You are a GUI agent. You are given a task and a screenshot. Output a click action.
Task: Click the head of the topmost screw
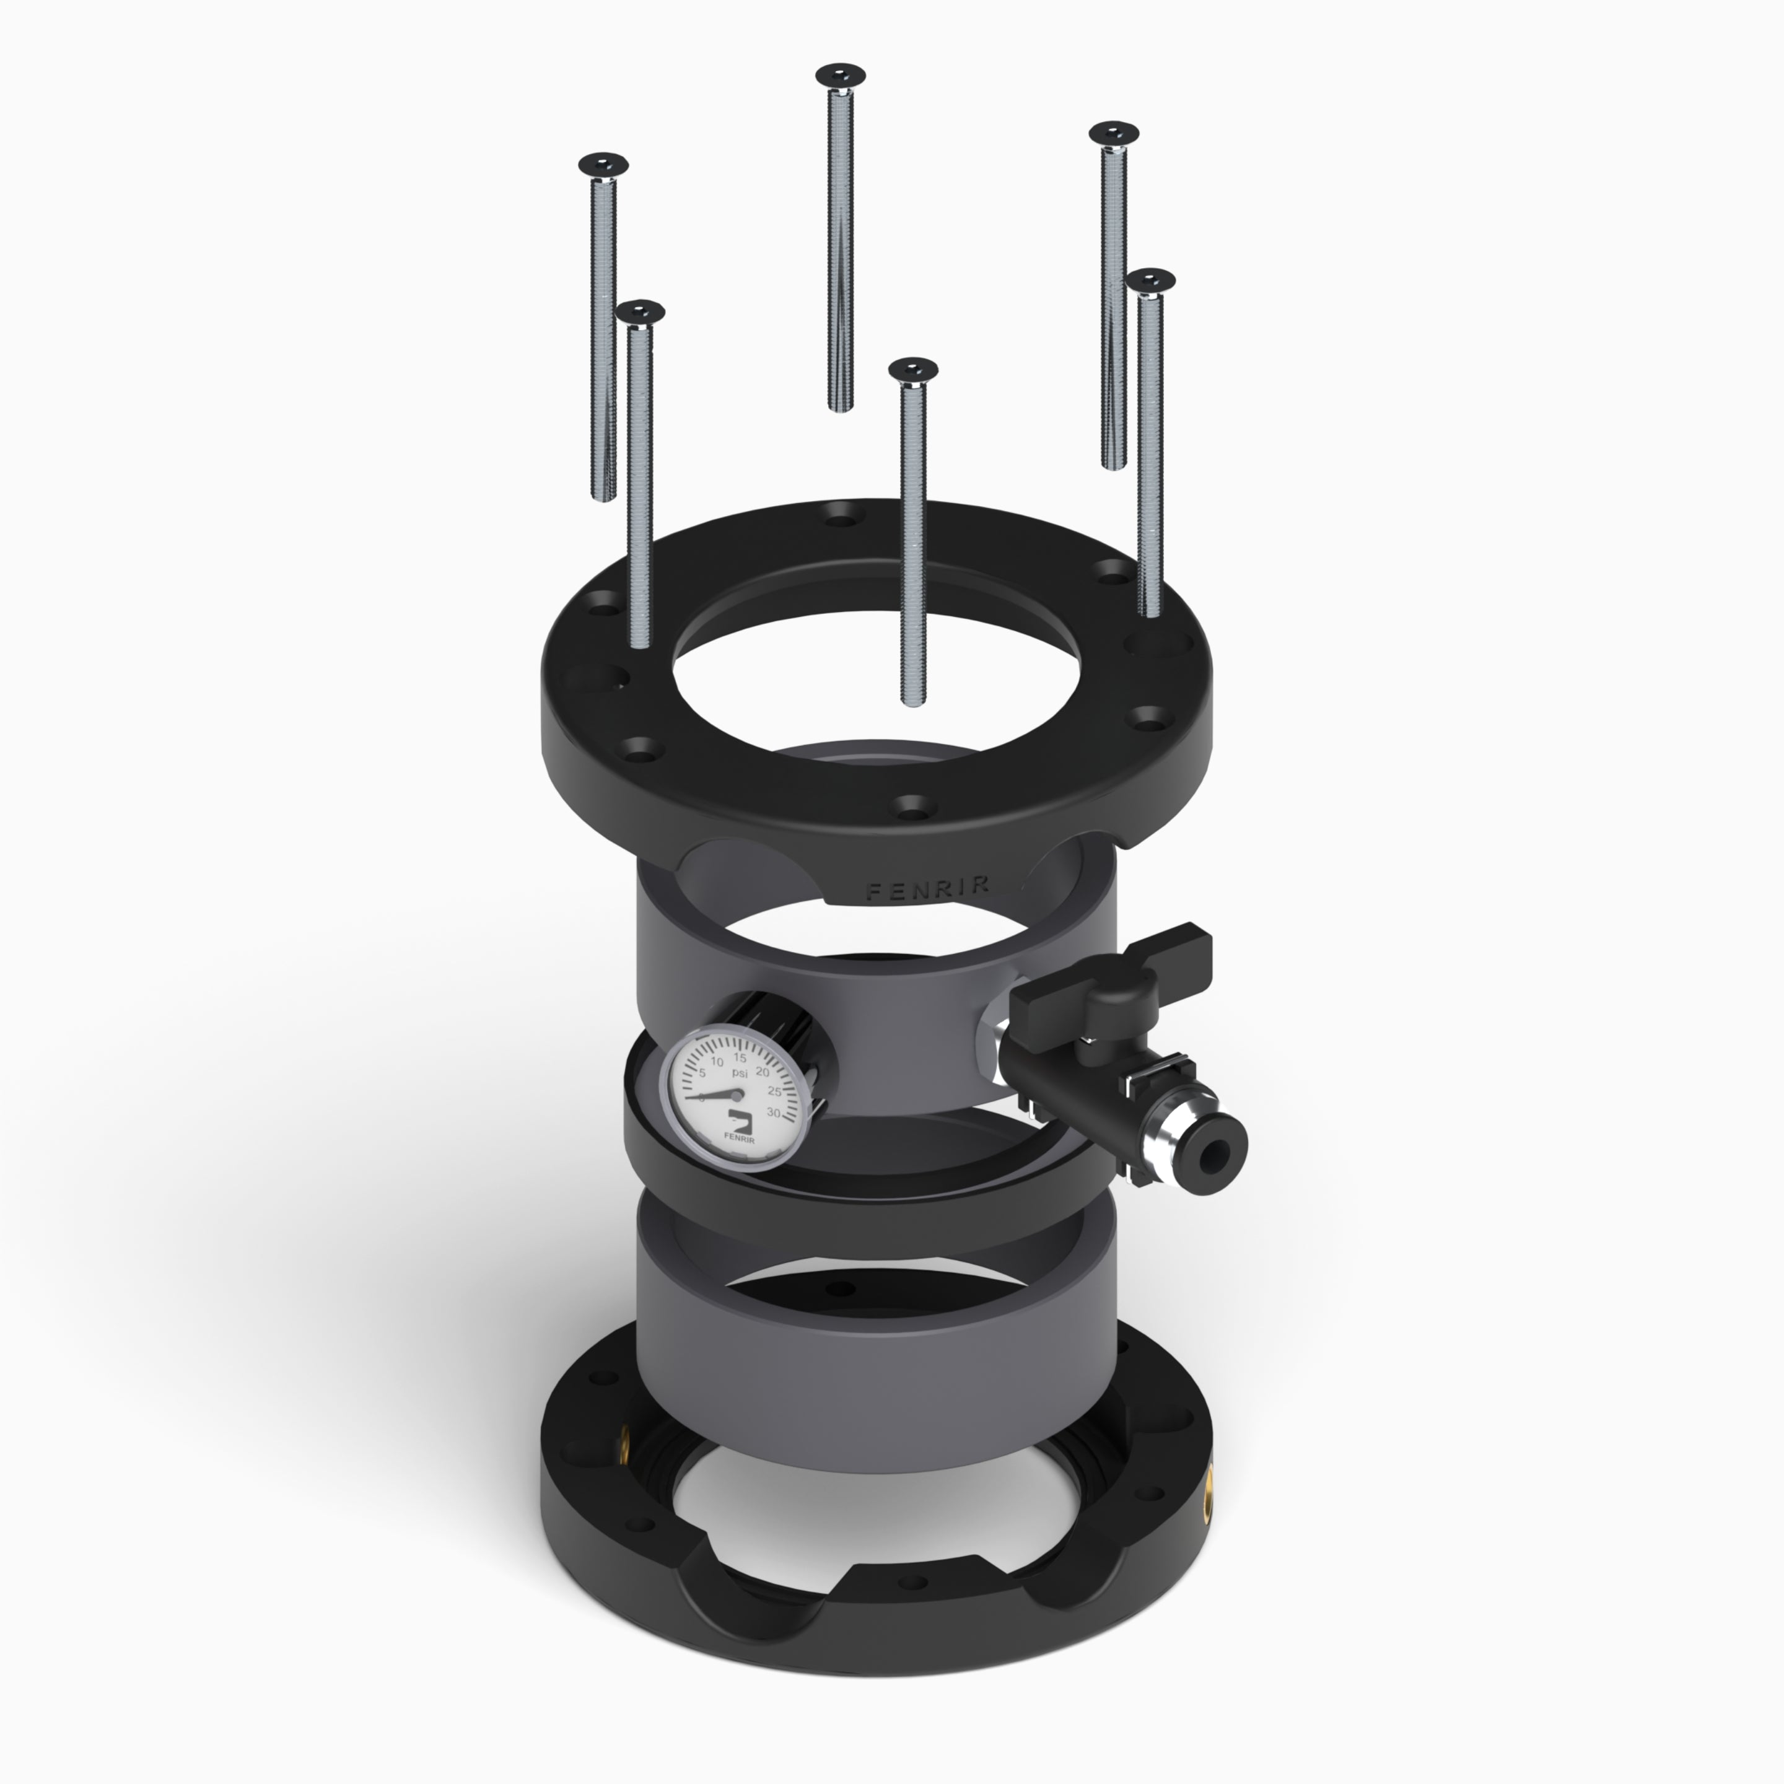click(841, 74)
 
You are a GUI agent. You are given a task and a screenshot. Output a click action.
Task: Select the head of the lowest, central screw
click(913, 369)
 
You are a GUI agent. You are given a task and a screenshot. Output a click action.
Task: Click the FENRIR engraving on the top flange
click(928, 888)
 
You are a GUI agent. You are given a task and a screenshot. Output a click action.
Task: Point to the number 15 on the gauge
click(740, 1057)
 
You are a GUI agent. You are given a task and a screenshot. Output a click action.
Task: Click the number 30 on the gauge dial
click(774, 1114)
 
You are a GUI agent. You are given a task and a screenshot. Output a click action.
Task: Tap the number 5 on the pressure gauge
click(702, 1073)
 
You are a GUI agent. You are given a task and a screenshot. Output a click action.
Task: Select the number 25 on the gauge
click(775, 1092)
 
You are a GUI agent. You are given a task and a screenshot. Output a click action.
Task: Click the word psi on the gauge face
click(740, 1073)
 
